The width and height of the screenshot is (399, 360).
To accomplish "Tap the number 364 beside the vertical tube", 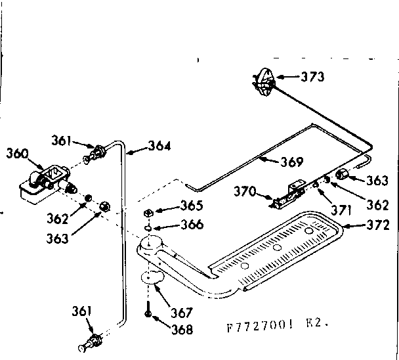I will [x=159, y=146].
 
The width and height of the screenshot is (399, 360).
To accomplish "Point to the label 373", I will [x=312, y=77].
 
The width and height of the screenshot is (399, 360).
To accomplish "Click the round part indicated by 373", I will [x=263, y=82].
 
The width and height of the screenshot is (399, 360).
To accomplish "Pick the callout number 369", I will [x=290, y=162].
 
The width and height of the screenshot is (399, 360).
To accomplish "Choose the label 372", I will [x=378, y=225].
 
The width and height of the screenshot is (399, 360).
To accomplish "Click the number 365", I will [x=191, y=205].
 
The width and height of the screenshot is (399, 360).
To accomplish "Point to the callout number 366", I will [x=191, y=224].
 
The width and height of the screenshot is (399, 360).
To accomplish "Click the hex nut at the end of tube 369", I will [x=342, y=174].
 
